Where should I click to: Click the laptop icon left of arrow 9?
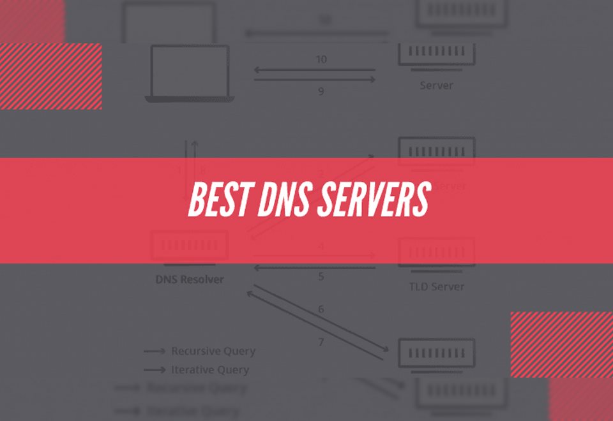(x=190, y=73)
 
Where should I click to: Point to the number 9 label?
(x=321, y=91)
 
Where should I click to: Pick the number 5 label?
(x=321, y=277)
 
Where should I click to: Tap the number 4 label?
(x=321, y=246)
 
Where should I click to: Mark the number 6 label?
(x=321, y=309)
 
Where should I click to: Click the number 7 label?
(x=321, y=343)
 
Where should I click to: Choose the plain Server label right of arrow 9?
(x=436, y=85)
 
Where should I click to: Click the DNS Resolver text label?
(x=190, y=279)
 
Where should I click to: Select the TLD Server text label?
(x=437, y=286)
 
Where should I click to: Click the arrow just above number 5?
(x=315, y=267)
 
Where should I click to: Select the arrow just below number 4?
(x=315, y=256)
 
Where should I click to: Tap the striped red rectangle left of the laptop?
(x=51, y=76)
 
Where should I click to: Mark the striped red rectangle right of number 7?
(x=561, y=344)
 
